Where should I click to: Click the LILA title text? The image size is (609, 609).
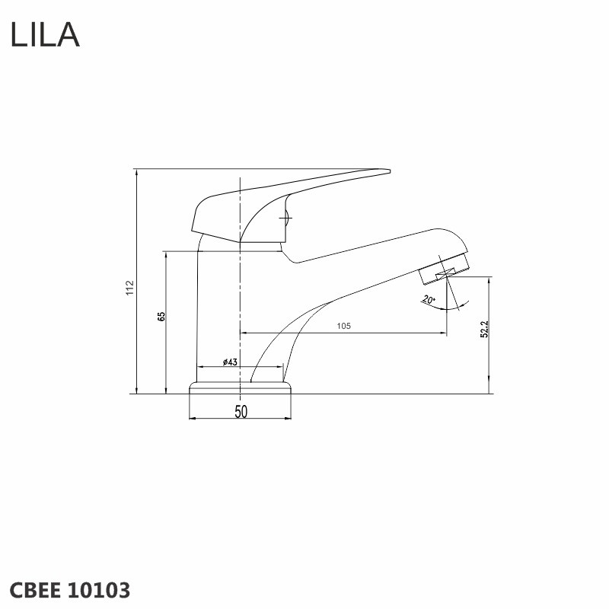point(45,35)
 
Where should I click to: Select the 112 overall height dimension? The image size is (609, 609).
point(129,288)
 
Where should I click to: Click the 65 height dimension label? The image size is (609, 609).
point(161,316)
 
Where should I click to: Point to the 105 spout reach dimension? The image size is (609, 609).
point(343,326)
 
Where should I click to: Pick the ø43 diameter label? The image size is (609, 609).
point(230,362)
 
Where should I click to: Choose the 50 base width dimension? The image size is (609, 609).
point(241,412)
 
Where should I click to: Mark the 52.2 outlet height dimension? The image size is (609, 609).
point(484,330)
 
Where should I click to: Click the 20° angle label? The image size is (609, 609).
point(429,300)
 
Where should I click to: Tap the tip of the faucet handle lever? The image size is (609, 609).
point(390,171)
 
